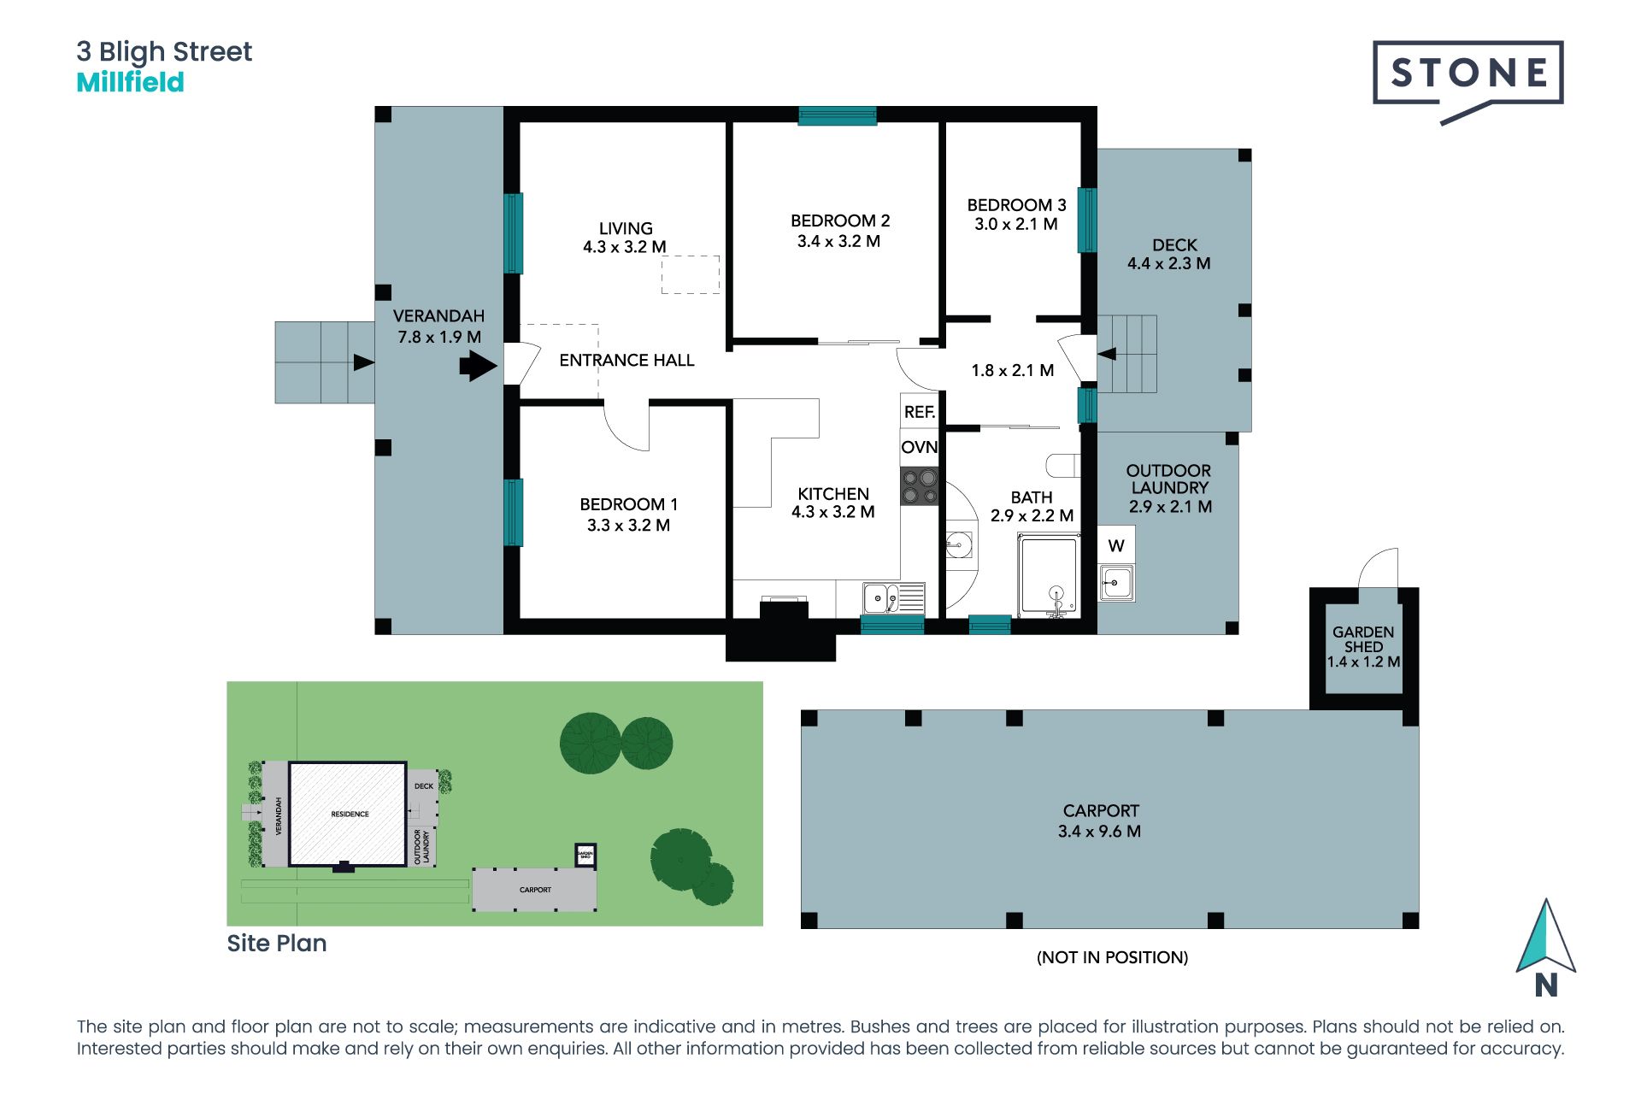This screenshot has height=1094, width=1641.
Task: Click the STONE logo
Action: pos(1467,74)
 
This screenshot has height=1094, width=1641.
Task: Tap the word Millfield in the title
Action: pos(130,83)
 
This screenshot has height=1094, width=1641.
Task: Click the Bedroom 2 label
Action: pos(839,221)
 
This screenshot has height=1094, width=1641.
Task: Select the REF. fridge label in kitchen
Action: pos(920,412)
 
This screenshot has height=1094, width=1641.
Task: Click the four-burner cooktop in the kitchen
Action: pos(920,486)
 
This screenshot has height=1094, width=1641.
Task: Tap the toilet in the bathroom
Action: pos(1063,465)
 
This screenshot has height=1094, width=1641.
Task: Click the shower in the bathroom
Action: pos(1048,574)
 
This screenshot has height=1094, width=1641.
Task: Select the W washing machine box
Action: pos(1116,545)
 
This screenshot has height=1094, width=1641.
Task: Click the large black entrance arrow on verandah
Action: pos(478,367)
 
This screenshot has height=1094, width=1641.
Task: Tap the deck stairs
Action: pos(1126,354)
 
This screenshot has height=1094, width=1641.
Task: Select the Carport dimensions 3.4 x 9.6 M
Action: pos(1099,832)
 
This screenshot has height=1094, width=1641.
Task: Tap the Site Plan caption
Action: pos(276,944)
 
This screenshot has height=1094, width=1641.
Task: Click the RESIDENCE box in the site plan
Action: pos(349,814)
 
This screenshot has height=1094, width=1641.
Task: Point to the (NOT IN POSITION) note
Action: pos(1112,957)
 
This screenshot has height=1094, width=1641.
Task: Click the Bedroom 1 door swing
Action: pos(627,428)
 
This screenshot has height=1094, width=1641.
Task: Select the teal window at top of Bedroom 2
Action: pos(837,115)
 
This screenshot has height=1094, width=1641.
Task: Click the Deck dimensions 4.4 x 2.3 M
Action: pos(1168,264)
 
